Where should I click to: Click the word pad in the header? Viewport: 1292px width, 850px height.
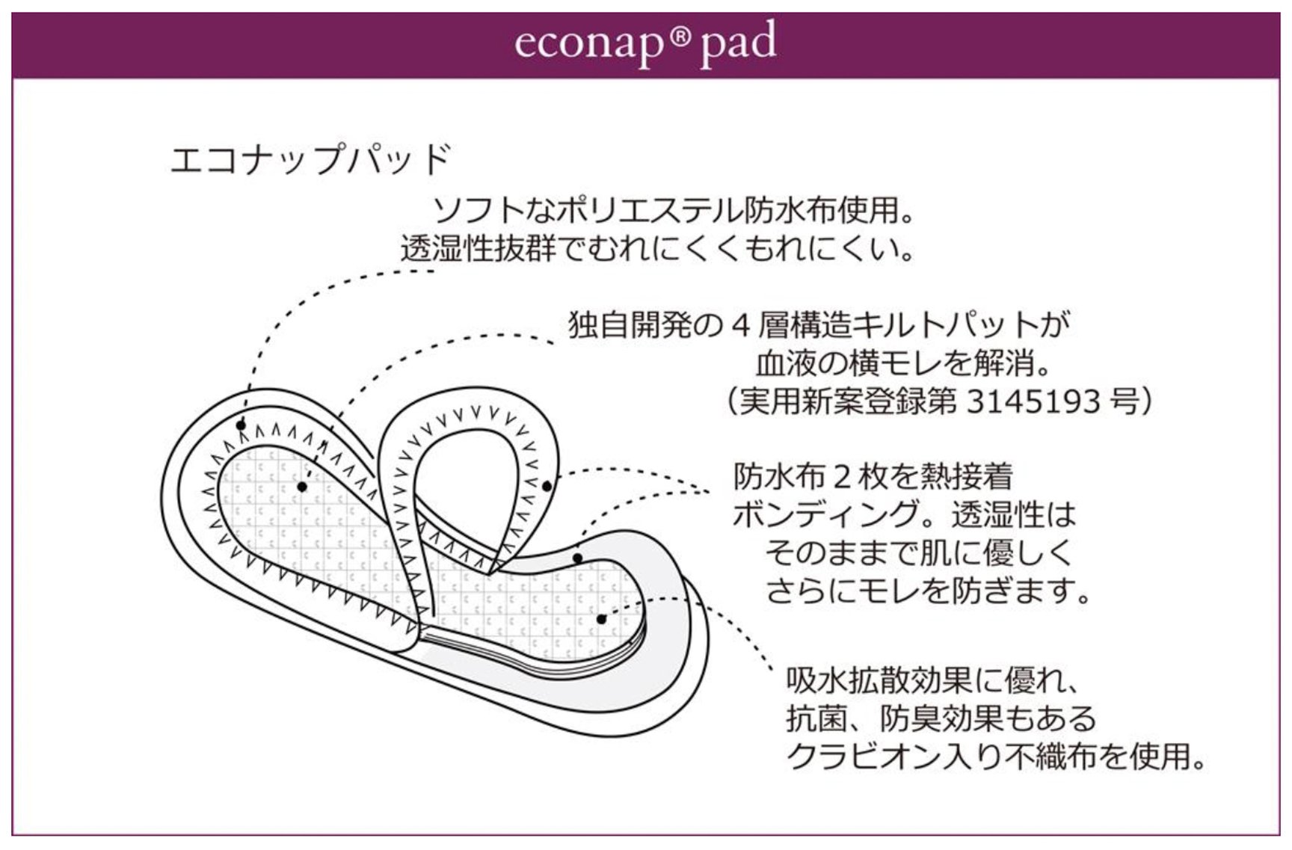(x=737, y=43)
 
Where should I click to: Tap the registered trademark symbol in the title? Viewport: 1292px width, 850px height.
(x=677, y=34)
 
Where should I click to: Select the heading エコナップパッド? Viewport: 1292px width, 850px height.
(x=311, y=159)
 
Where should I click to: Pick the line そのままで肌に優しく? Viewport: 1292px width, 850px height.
(x=919, y=553)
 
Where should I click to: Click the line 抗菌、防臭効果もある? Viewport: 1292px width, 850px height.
(x=941, y=718)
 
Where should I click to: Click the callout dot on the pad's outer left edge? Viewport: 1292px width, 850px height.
(x=242, y=425)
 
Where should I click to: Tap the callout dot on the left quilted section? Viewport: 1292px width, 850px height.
(x=302, y=487)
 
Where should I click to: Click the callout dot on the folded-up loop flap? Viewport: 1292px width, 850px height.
(x=547, y=487)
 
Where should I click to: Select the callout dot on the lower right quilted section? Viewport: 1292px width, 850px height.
(x=601, y=619)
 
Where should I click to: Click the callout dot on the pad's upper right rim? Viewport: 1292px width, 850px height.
(x=577, y=558)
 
